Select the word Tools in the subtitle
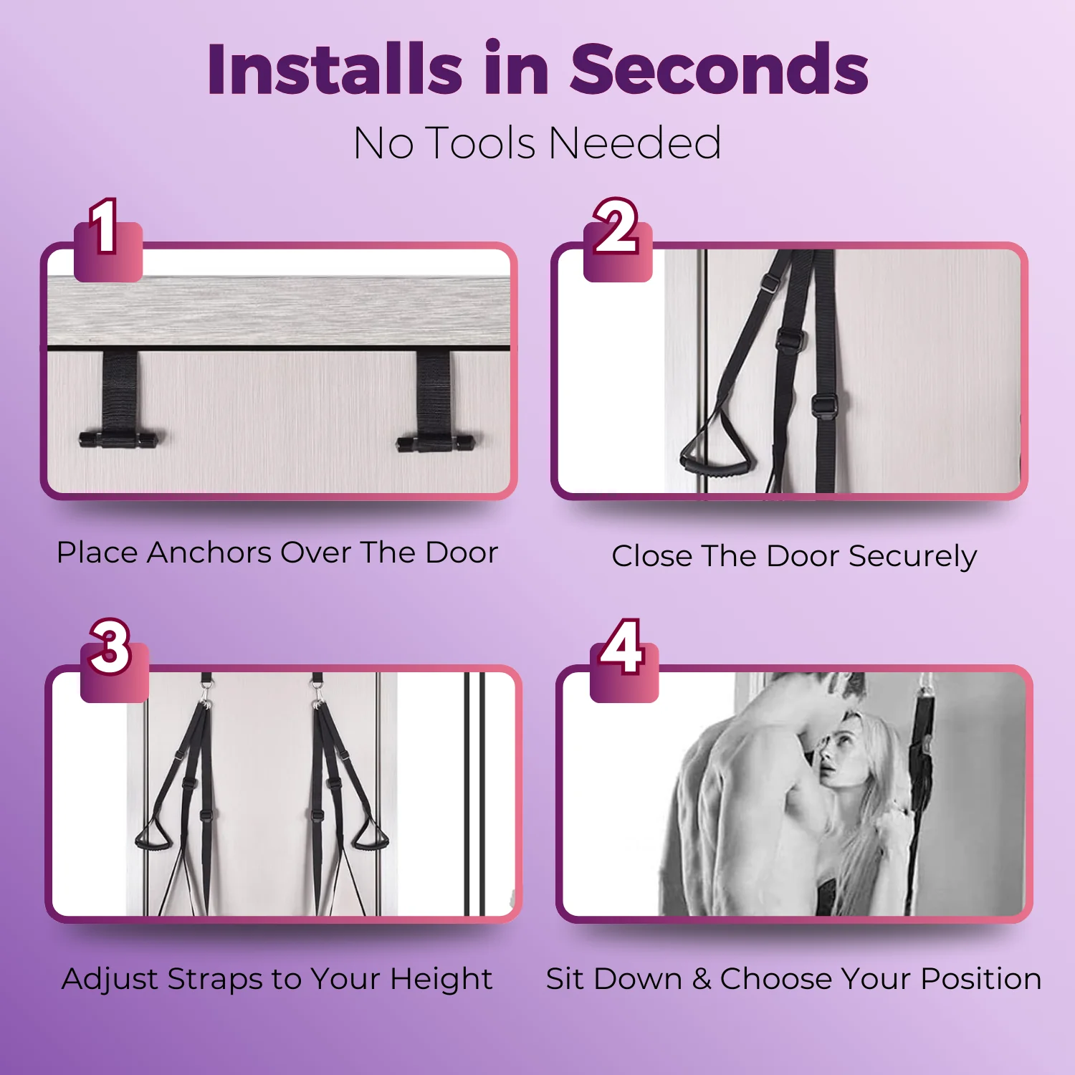[x=481, y=143]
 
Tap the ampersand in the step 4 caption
[x=702, y=979]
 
